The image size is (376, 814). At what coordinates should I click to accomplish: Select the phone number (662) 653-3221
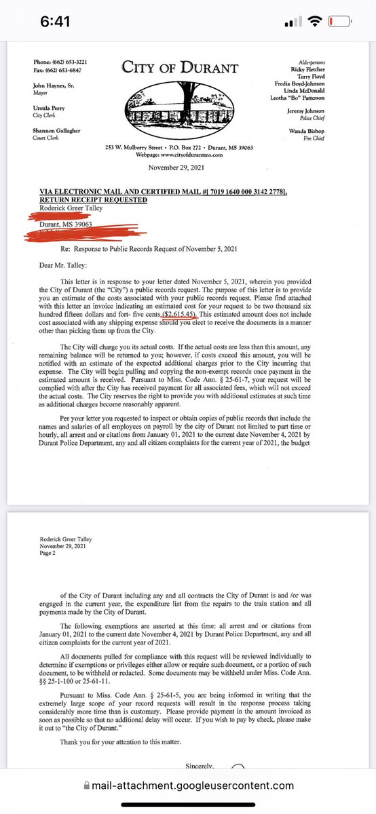pyautogui.click(x=74, y=62)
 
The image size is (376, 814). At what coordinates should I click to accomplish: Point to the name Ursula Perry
pyautogui.click(x=52, y=107)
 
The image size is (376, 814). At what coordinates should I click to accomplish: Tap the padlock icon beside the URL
pyautogui.click(x=86, y=786)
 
